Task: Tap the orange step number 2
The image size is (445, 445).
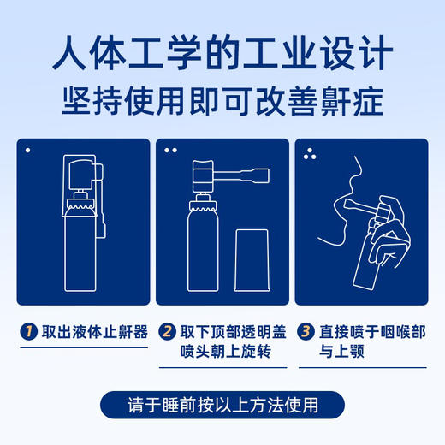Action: click(x=168, y=331)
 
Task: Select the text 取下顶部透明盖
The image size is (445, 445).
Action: click(x=228, y=331)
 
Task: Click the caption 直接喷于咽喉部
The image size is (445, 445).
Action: click(x=363, y=331)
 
